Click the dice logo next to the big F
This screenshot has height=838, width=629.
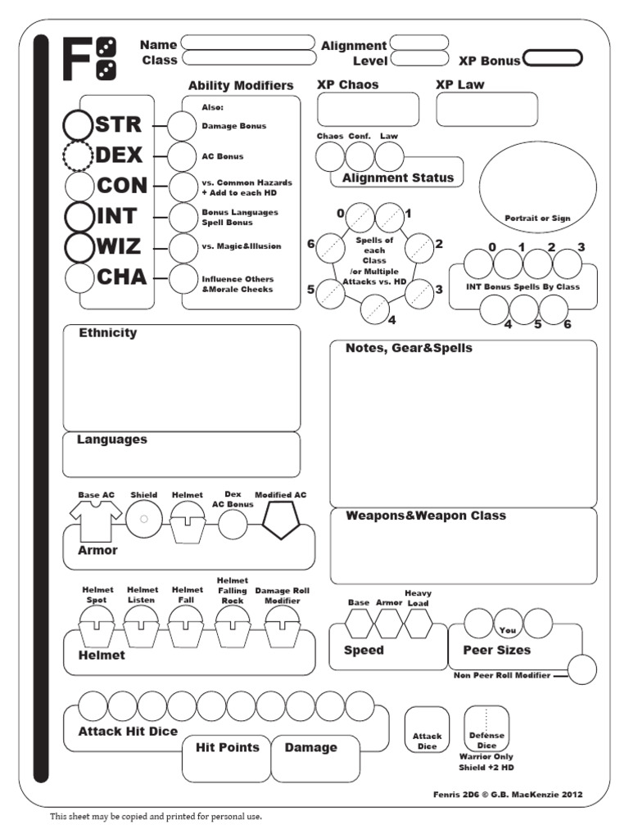click(106, 60)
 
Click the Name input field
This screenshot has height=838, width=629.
click(248, 43)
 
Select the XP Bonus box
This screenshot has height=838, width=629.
click(552, 58)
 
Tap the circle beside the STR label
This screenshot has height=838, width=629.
click(78, 124)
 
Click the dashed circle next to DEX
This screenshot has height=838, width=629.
click(78, 155)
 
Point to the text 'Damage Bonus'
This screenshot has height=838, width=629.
click(233, 126)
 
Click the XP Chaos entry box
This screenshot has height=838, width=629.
click(368, 110)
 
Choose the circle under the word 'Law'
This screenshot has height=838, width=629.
click(389, 155)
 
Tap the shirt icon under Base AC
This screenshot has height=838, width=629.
click(96, 520)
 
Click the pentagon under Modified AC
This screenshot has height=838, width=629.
click(280, 520)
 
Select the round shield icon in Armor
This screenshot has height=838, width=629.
click(143, 519)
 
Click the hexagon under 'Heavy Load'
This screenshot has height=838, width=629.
click(418, 624)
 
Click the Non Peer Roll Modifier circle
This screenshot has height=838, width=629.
click(582, 669)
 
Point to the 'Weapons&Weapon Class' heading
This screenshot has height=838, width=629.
click(425, 516)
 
